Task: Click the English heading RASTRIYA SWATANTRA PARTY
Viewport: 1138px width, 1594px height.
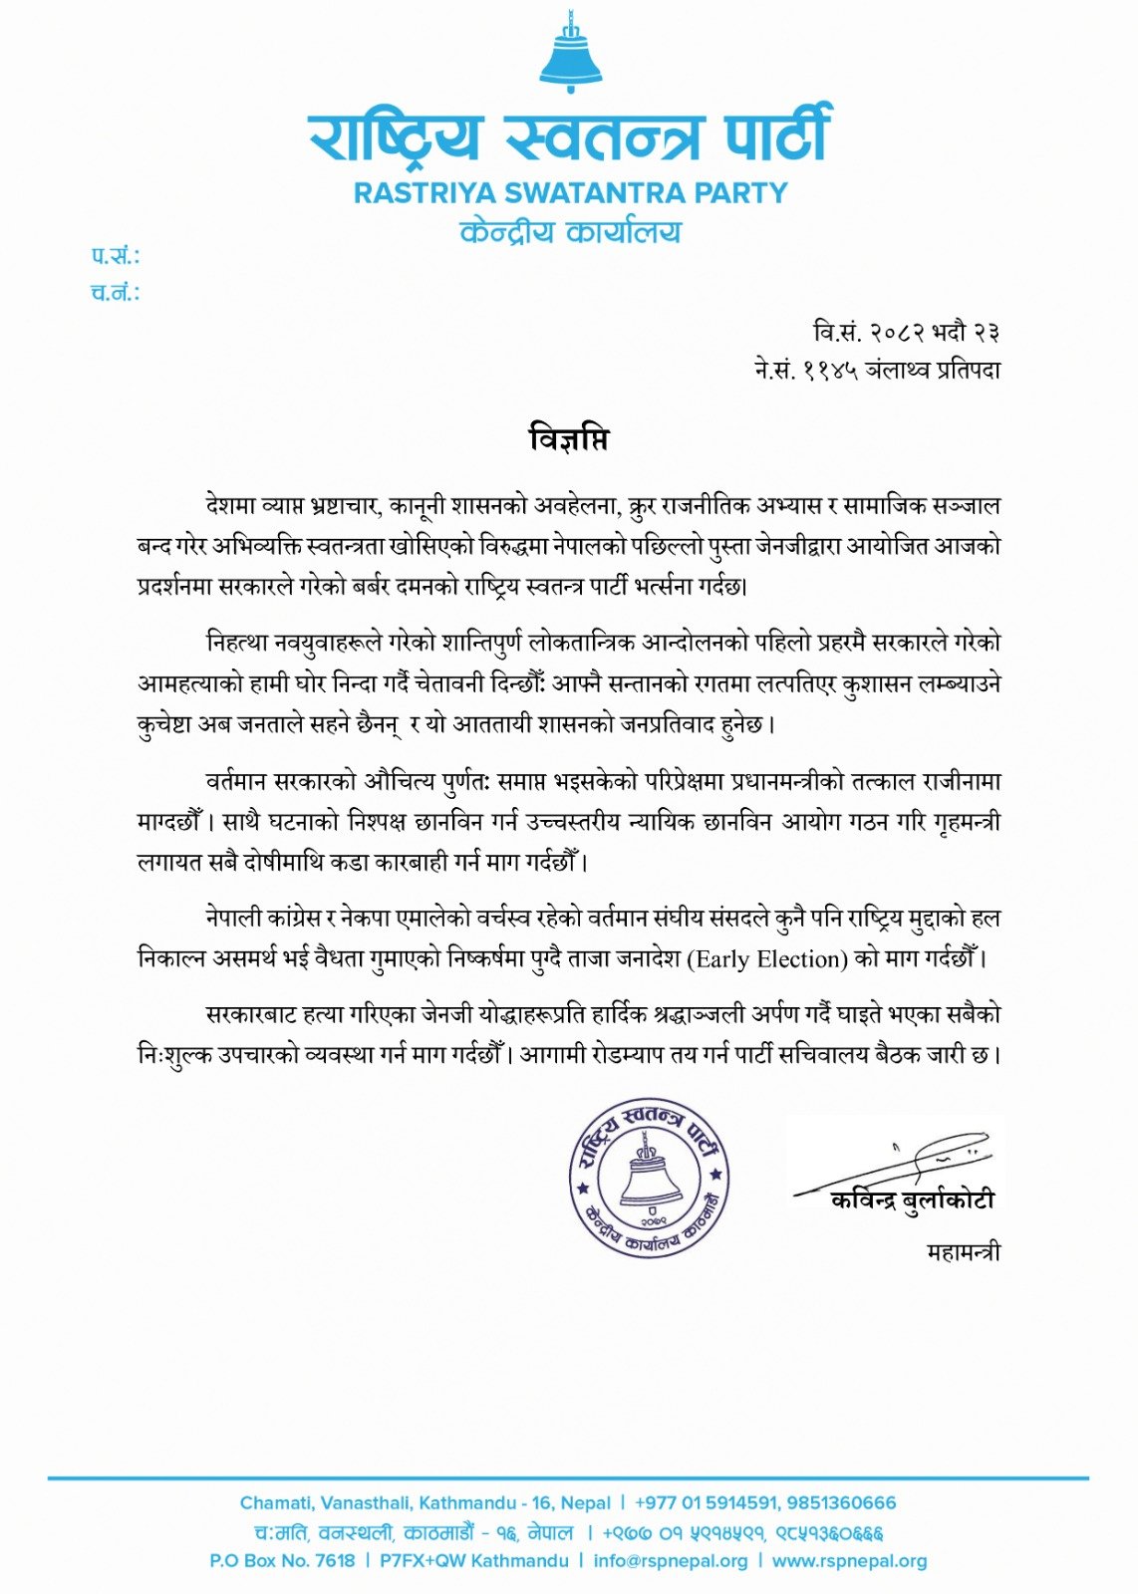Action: pos(570,192)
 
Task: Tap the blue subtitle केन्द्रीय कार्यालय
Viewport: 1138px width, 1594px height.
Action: pos(570,232)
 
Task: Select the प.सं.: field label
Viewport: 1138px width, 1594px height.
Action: pos(115,256)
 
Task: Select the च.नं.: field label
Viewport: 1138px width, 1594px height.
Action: pos(115,293)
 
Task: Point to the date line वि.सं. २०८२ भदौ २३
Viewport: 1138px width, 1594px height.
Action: pos(906,332)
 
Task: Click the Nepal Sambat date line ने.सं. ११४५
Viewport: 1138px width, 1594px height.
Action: pos(877,370)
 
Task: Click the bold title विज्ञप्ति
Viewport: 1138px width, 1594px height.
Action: pos(568,439)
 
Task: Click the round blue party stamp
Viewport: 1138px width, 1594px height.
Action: pos(650,1178)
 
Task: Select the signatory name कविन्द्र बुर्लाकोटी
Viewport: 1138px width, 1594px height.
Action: pos(912,1201)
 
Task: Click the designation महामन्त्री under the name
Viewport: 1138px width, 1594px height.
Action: pos(963,1252)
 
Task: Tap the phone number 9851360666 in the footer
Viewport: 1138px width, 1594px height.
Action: pos(841,1502)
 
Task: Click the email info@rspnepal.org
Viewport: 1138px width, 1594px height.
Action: pos(670,1561)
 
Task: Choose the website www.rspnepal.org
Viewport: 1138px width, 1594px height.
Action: pos(849,1561)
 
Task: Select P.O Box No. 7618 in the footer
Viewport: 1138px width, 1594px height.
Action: pos(282,1561)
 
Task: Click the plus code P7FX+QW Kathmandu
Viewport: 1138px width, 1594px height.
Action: pos(473,1561)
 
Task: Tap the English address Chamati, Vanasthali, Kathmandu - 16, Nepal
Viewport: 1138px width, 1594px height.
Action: pos(426,1502)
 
